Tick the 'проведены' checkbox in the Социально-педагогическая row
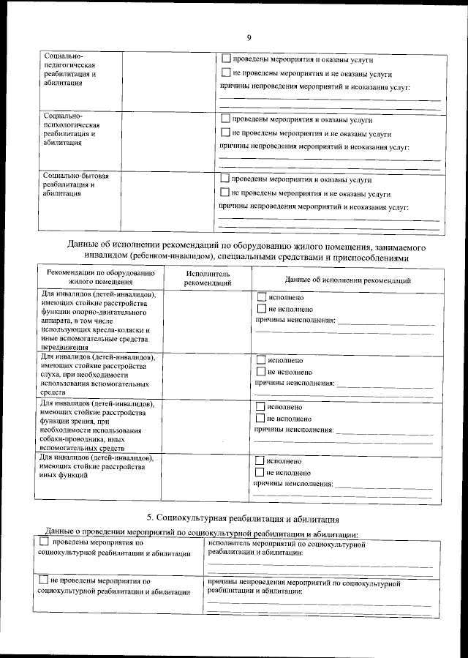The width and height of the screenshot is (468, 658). tap(225, 58)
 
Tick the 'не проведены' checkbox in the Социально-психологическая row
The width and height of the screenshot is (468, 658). tap(225, 133)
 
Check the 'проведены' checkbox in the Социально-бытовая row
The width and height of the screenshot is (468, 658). tap(224, 179)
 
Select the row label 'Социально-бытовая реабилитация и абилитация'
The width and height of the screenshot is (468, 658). tap(76, 185)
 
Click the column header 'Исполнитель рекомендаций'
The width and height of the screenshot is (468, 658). tap(208, 277)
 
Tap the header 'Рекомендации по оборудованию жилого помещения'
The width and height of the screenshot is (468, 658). tap(100, 277)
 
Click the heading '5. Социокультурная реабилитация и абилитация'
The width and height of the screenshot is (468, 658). tap(243, 519)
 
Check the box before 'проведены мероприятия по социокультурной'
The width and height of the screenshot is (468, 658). tap(44, 542)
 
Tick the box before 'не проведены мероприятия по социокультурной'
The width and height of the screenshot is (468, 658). tap(44, 580)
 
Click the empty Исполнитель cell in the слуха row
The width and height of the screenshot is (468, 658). tap(208, 375)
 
